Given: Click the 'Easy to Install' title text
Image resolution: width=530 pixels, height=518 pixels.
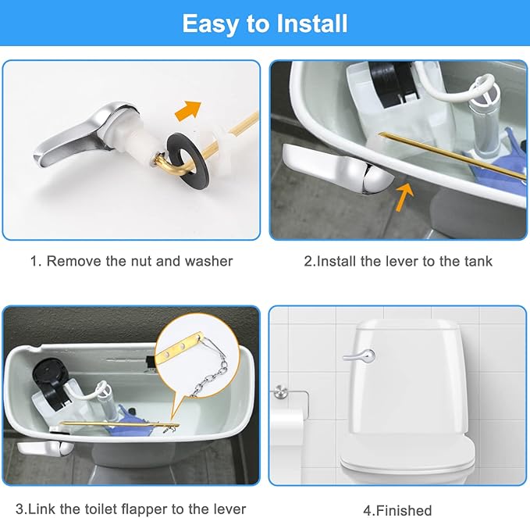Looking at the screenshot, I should (265, 23).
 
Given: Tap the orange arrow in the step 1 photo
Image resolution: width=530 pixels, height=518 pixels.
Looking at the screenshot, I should (187, 111).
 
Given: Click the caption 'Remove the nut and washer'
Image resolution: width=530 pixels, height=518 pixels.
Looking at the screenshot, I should (131, 261).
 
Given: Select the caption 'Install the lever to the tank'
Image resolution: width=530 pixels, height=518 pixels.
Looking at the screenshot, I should (398, 261).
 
